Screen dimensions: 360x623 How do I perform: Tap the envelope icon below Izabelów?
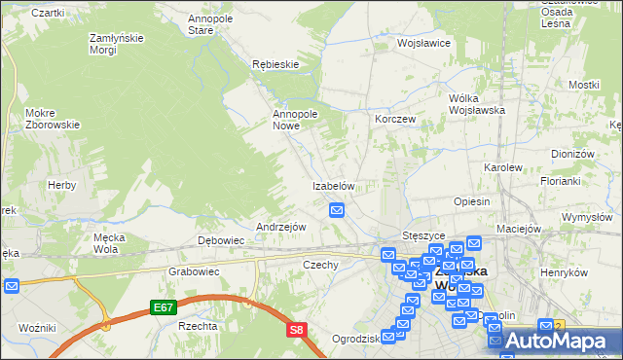(337, 209)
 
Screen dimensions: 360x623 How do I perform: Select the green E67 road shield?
(164, 307)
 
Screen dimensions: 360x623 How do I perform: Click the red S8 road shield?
(297, 331)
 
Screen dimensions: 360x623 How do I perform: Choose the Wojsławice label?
(421, 44)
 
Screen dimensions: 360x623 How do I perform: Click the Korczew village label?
(395, 119)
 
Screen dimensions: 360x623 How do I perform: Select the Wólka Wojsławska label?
(475, 104)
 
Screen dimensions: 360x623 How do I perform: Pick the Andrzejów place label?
(280, 227)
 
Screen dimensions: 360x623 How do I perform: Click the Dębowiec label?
(220, 240)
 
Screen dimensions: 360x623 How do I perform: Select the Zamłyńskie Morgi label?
(117, 44)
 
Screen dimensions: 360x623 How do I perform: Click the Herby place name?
(61, 185)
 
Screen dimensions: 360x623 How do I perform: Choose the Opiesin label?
(471, 201)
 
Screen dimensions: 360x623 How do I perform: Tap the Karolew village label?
(503, 167)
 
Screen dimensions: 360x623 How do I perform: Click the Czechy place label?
(320, 265)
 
